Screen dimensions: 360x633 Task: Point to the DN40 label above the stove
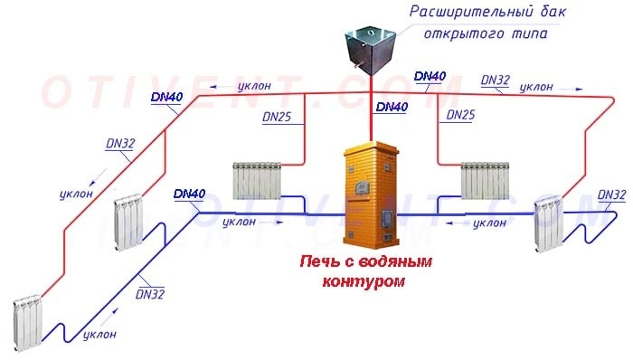391,107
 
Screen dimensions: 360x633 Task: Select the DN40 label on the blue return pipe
188,194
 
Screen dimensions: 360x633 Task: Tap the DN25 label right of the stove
459,116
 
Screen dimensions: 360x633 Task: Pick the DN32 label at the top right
495,80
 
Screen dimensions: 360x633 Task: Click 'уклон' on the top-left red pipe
253,86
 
